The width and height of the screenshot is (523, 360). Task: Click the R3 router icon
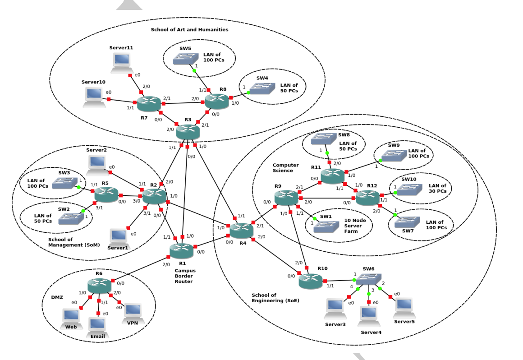(188, 132)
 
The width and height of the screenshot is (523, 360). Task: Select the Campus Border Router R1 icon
(181, 250)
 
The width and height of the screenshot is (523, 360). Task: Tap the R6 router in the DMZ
(99, 286)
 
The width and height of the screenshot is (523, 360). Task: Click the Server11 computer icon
(121, 62)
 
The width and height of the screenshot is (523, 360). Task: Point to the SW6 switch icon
(368, 279)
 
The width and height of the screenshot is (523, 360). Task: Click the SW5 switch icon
(186, 59)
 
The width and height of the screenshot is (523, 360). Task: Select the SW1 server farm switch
(326, 226)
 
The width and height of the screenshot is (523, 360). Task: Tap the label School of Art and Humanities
(189, 30)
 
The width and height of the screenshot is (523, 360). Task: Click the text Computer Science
(285, 168)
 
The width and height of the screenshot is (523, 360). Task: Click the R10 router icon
(311, 281)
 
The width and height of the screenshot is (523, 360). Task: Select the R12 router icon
(367, 198)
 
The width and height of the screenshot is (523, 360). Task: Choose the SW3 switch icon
(64, 183)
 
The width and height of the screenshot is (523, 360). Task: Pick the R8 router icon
(217, 101)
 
